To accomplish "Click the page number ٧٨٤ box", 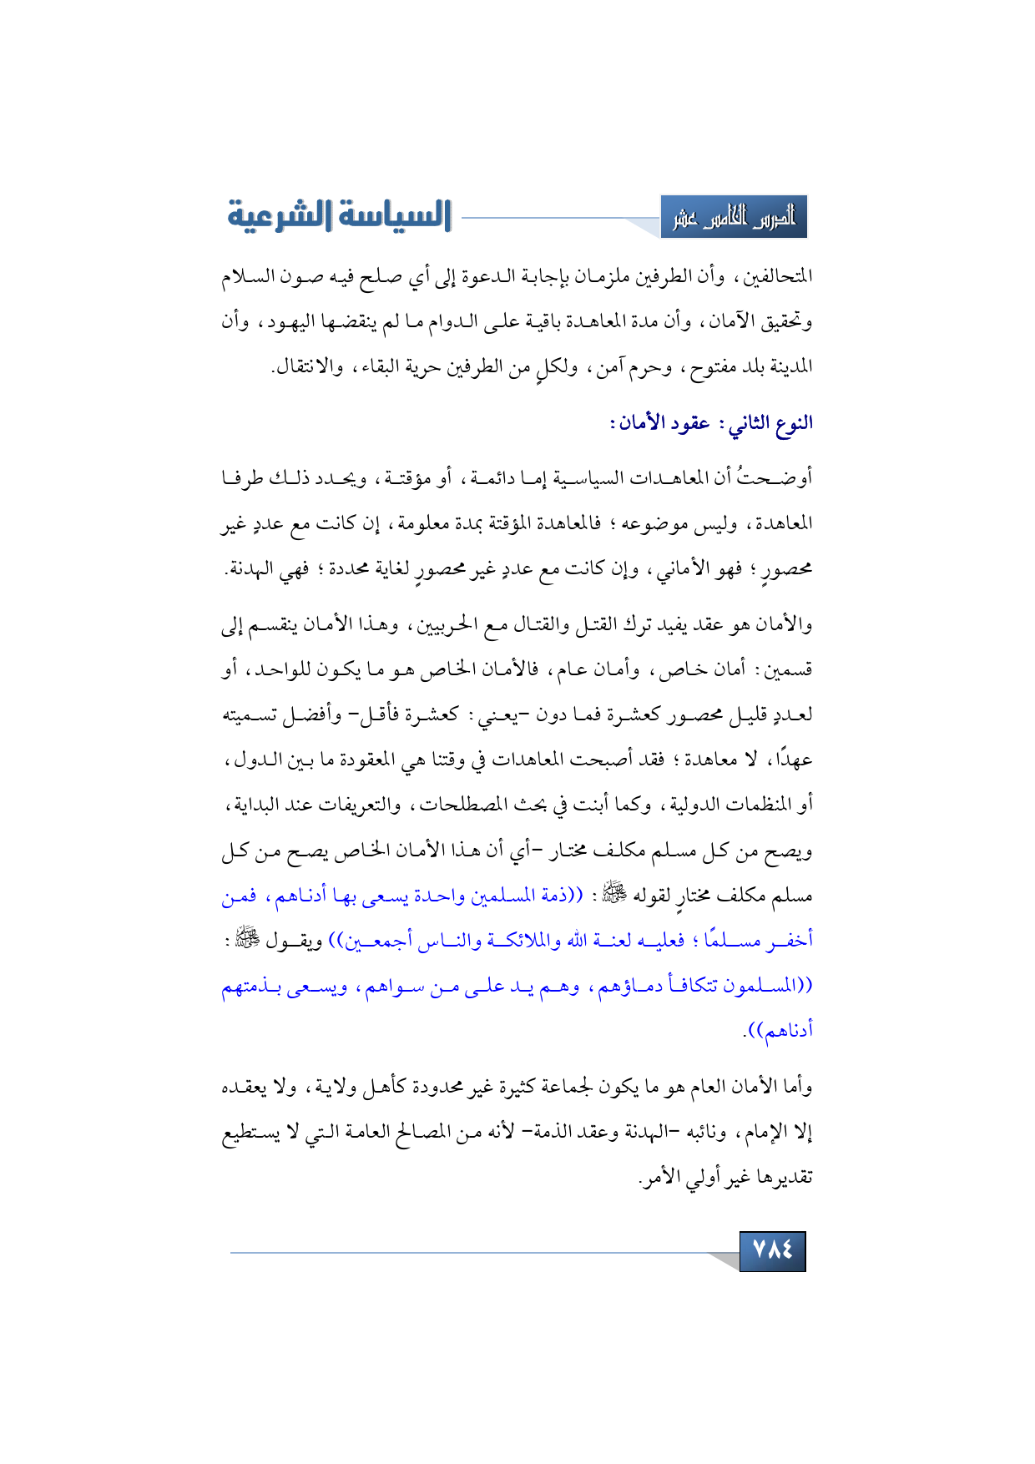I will pos(772,1250).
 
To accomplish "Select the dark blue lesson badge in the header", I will pos(734,218).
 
